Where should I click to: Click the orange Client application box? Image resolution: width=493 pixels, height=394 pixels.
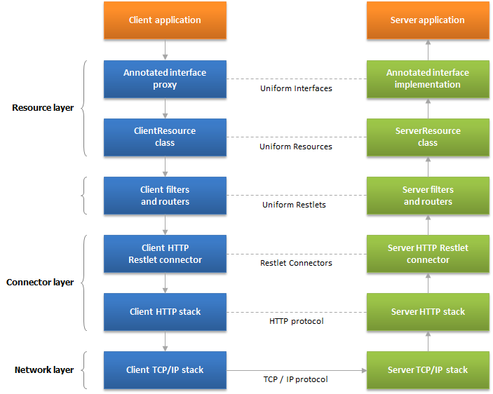tap(165, 20)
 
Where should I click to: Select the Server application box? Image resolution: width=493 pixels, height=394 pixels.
tap(428, 20)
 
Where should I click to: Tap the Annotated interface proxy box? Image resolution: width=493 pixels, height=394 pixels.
tap(165, 79)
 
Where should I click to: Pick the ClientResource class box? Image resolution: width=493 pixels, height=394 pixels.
tap(165, 137)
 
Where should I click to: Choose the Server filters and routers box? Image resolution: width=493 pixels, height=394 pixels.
tap(428, 196)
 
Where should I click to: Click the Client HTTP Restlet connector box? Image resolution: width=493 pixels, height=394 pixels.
tap(165, 254)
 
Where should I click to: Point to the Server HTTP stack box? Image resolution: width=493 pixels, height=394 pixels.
tap(428, 312)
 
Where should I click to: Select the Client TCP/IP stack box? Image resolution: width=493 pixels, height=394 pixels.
tap(165, 370)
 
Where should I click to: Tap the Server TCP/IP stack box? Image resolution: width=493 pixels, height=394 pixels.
tap(428, 370)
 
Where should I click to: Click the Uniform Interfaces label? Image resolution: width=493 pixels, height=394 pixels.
tap(296, 88)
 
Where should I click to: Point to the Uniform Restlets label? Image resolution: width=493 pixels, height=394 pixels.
tap(294, 205)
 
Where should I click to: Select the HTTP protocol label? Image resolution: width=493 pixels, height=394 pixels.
tap(297, 321)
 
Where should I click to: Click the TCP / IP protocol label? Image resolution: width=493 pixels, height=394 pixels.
tap(295, 379)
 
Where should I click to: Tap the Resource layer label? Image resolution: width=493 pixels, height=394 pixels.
tap(43, 108)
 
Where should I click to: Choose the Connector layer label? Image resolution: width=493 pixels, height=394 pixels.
tap(40, 282)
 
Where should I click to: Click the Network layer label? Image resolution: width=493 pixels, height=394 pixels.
tap(44, 369)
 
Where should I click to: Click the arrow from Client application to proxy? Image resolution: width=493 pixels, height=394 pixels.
tap(165, 50)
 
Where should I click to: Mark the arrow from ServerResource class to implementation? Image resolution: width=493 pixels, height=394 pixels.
tap(428, 109)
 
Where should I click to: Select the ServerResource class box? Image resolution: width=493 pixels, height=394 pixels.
tap(428, 137)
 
